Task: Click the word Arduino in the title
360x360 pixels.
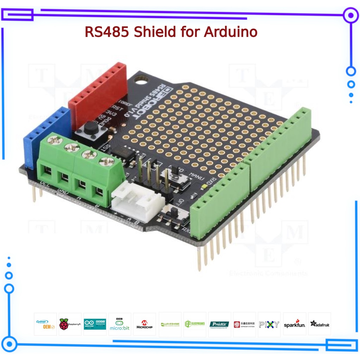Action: pyautogui.click(x=231, y=32)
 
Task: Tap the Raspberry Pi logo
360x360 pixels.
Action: pyautogui.click(x=70, y=324)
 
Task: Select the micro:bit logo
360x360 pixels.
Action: pyautogui.click(x=120, y=324)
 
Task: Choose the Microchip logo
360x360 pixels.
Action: pyautogui.click(x=144, y=324)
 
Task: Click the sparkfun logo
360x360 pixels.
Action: pyautogui.click(x=294, y=324)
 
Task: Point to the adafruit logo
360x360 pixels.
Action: pyautogui.click(x=319, y=324)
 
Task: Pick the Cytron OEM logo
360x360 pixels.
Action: pyautogui.click(x=45, y=324)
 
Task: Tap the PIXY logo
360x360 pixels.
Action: pyautogui.click(x=269, y=324)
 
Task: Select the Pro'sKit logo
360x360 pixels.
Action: pyautogui.click(x=219, y=324)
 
